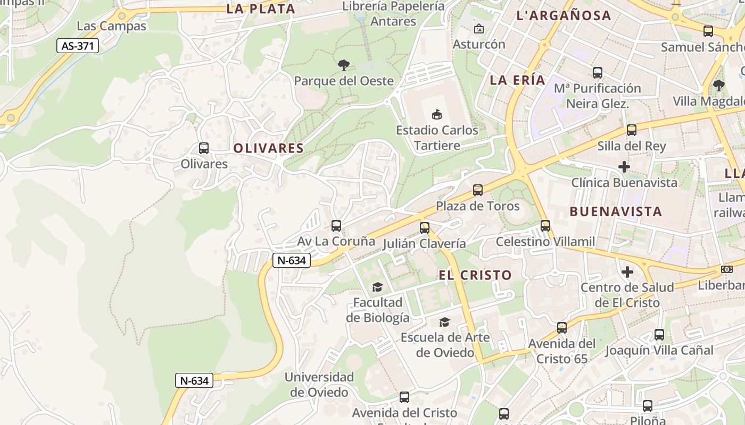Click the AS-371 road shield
(78, 46)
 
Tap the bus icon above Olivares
(204, 148)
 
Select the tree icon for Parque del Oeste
(344, 65)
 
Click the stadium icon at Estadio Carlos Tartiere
(436, 114)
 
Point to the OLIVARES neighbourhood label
(269, 148)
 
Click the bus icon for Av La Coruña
(336, 226)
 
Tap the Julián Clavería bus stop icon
(424, 228)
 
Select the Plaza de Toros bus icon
(478, 190)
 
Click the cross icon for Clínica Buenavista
(624, 167)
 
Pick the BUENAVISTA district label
(616, 211)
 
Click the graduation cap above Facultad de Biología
(377, 287)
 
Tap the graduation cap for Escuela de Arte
(444, 321)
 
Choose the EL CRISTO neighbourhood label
(475, 275)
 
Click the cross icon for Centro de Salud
(627, 272)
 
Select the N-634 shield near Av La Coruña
(291, 260)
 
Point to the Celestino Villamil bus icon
(545, 226)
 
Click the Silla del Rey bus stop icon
(632, 130)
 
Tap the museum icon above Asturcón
(479, 29)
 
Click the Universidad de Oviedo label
(319, 385)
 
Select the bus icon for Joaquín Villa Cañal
(659, 335)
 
